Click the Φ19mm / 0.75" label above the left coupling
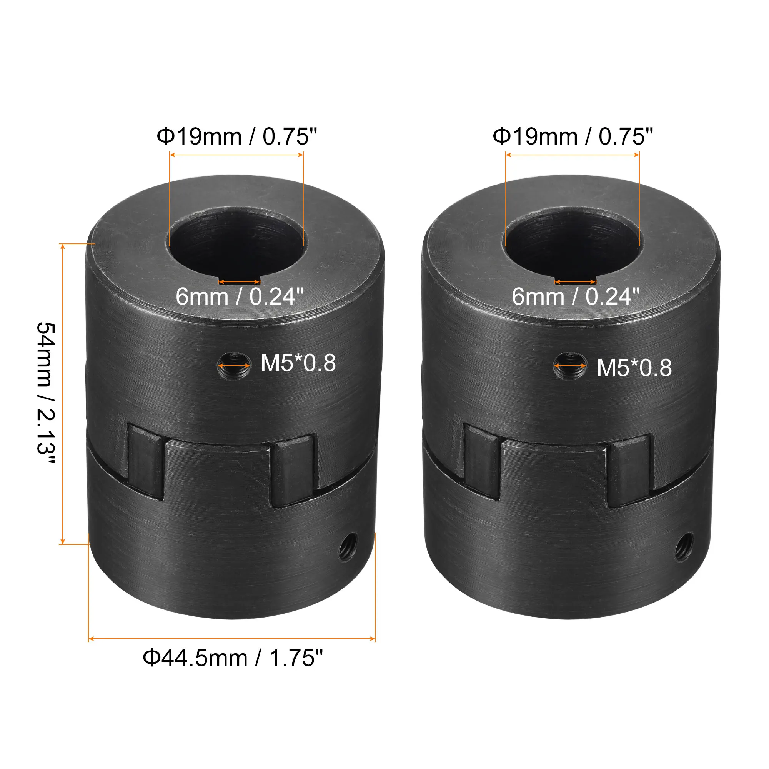coord(236,137)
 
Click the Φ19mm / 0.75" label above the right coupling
coord(573,137)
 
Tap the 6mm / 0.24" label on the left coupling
coord(240,297)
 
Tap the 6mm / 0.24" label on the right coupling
coord(576,297)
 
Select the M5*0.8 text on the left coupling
coord(298,363)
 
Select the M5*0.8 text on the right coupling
coord(634,368)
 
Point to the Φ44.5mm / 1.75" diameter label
coord(233,658)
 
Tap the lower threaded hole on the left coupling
coord(348,548)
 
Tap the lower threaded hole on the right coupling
coord(684,548)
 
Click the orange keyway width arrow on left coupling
coord(239,282)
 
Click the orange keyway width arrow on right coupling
coord(575,282)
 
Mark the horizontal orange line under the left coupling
coord(231,639)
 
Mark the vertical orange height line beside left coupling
coord(63,394)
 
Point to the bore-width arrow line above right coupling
coord(573,155)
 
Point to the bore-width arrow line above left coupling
coord(236,155)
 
